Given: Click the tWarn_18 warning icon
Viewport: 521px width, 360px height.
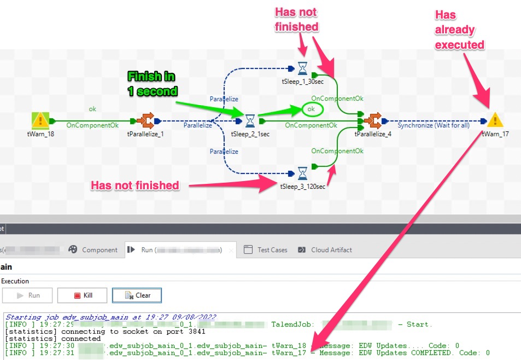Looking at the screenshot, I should coord(40,120).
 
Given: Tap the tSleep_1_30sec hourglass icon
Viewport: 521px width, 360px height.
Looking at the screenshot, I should coord(302,68).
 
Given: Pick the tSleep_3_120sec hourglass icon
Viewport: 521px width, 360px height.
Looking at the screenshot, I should coord(302,173).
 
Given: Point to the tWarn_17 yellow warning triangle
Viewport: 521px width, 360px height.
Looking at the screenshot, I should coord(495,120).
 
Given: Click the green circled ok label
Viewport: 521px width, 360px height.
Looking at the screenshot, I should coord(311,109).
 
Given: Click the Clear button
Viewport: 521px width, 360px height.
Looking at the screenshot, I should coord(137,295).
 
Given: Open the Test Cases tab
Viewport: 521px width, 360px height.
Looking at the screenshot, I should coord(266,250).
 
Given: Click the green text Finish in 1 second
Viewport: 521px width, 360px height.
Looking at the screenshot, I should coord(153,84).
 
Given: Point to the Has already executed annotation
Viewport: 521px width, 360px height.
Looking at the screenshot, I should coord(459,30).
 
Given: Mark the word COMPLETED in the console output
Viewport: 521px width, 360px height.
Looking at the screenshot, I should coord(431,353).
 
